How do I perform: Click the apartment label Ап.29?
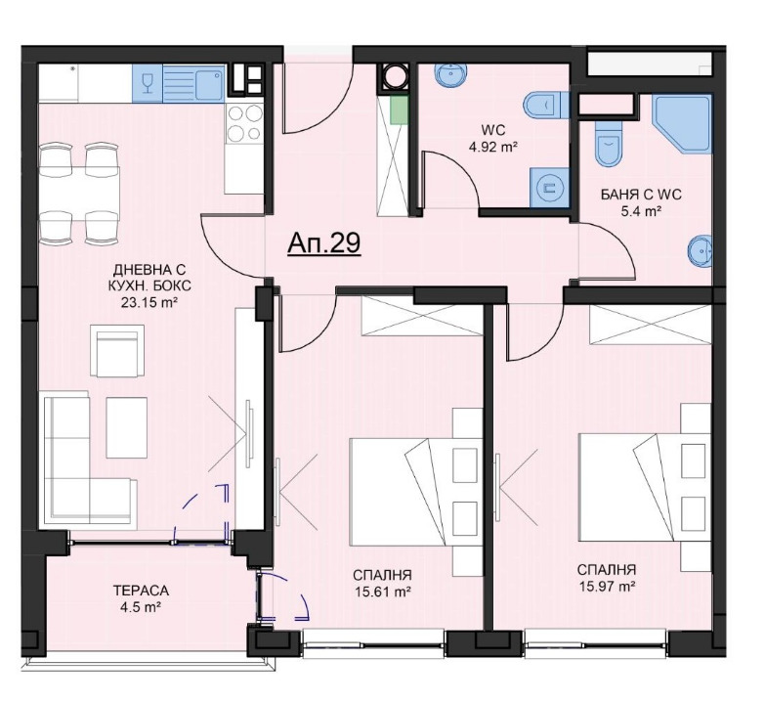324,243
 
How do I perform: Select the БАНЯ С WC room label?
640,194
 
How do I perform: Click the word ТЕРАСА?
141,591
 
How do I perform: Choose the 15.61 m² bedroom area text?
382,591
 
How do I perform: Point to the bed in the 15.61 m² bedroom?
405,489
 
